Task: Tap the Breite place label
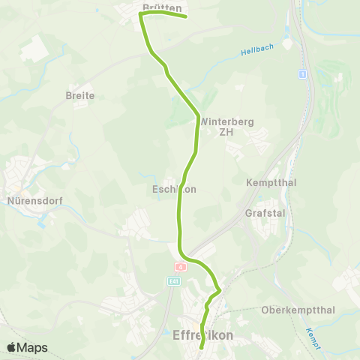(x=80, y=95)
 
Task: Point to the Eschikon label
(x=173, y=190)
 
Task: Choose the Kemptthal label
(x=268, y=183)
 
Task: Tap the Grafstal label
(x=262, y=213)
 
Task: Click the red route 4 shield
(x=180, y=266)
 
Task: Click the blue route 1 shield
(x=302, y=73)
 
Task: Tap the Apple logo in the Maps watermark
(x=11, y=347)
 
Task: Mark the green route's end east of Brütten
(x=185, y=16)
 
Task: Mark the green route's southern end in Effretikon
(x=201, y=348)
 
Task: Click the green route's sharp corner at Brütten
(x=140, y=13)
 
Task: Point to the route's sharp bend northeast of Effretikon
(x=219, y=289)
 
